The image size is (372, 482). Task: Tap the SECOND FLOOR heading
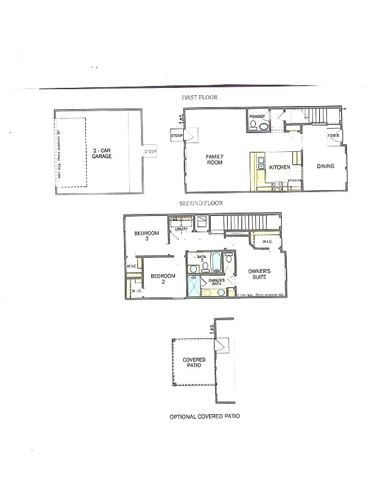pos(201,203)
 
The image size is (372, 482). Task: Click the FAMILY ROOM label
pos(215,159)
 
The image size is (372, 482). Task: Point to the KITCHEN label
pos(279,168)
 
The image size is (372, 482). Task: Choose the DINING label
pos(325,166)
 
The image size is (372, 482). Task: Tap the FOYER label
pos(332,136)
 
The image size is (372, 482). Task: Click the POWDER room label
pos(257,117)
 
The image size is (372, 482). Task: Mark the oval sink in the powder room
pos(264,126)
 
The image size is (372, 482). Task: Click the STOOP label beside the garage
pos(150,152)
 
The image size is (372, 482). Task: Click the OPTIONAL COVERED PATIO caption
pos(205,416)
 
